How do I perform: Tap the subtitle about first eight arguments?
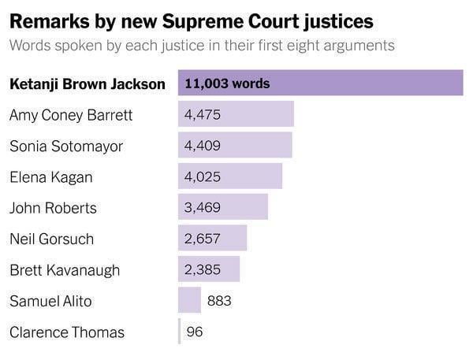[202, 45]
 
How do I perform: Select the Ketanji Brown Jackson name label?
[88, 84]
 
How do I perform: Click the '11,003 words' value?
[227, 84]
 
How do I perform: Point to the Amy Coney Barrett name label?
[71, 115]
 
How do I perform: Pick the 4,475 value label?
[202, 115]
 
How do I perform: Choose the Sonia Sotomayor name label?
[66, 146]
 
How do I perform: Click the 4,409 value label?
[202, 146]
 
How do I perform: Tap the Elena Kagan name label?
[50, 176]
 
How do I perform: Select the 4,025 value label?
[202, 176]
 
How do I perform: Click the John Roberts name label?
[53, 208]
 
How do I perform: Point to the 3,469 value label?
[202, 208]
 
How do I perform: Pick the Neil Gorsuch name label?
[51, 239]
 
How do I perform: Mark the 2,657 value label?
[202, 239]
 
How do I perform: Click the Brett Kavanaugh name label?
[65, 270]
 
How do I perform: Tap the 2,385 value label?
[202, 269]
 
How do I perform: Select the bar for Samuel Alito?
[189, 300]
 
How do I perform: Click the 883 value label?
[219, 301]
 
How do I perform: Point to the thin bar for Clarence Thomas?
[180, 332]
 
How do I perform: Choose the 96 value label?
[195, 332]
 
